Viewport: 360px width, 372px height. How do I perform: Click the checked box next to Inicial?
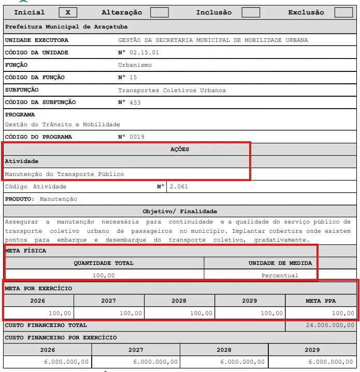(x=68, y=12)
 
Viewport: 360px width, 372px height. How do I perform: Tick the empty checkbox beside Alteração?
(x=159, y=12)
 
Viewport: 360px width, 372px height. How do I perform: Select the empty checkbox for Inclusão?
(x=251, y=12)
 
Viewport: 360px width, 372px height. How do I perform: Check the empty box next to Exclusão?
(x=343, y=12)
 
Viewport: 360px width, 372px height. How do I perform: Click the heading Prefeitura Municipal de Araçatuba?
(x=66, y=26)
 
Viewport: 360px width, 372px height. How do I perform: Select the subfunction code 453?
(x=135, y=102)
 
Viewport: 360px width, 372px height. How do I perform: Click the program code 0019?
(x=137, y=137)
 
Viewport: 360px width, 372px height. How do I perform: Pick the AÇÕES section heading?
(x=180, y=150)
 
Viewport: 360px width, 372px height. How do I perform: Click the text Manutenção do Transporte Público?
(x=64, y=174)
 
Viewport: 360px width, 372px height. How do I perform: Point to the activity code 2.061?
(x=179, y=187)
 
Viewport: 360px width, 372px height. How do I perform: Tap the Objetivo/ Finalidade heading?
(x=180, y=211)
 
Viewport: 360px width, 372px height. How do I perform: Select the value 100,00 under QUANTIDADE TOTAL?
(x=104, y=275)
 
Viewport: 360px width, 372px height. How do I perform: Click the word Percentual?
(x=280, y=275)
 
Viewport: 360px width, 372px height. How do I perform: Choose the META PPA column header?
(x=321, y=301)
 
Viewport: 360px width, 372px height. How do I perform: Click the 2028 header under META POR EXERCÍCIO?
(x=179, y=301)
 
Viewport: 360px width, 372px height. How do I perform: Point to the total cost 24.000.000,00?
(x=329, y=325)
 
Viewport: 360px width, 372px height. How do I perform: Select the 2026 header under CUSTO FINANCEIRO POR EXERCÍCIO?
(x=47, y=350)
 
